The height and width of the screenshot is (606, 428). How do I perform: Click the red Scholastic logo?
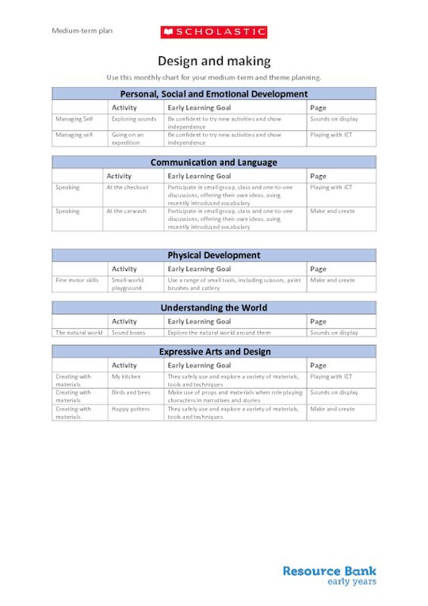point(214,32)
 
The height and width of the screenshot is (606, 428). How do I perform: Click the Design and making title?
point(214,61)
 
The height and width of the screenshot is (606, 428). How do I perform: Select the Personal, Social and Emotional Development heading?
point(214,93)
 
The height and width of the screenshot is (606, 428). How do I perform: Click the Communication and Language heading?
point(214,162)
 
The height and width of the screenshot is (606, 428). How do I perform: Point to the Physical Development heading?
point(214,255)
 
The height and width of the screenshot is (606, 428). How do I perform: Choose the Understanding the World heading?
point(214,307)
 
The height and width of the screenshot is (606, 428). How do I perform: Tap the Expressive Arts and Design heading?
point(214,352)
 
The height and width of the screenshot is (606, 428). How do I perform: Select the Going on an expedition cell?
point(128,139)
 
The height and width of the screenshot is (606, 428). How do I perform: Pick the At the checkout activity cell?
point(128,188)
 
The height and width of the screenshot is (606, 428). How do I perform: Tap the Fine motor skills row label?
point(77,280)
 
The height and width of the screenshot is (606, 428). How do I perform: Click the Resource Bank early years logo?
point(329,575)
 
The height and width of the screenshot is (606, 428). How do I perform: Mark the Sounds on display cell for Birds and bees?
point(334,393)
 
